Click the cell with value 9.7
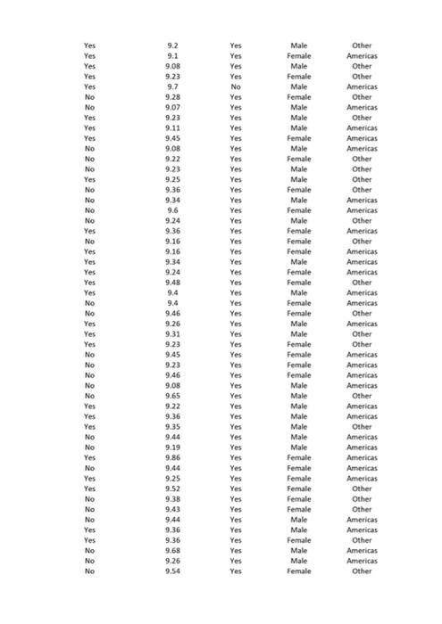[172, 86]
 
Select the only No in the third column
[236, 86]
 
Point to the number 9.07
[172, 107]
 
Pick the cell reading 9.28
[172, 97]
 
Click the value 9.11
[172, 128]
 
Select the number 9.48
[172, 283]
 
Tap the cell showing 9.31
[172, 334]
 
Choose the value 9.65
[172, 396]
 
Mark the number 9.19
[172, 447]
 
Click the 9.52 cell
[172, 489]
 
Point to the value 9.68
[172, 551]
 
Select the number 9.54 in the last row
[172, 571]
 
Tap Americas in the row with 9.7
[362, 86]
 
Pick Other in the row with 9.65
[362, 396]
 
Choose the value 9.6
[172, 210]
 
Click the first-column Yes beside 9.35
[89, 427]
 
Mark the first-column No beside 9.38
[89, 499]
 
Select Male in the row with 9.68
[299, 551]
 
